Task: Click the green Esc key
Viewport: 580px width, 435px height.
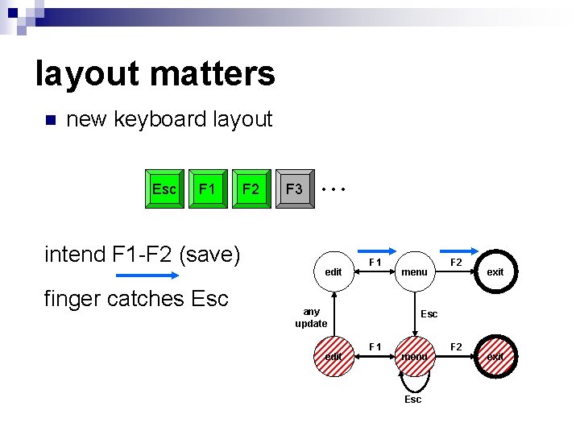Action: click(164, 189)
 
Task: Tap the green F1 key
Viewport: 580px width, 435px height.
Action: click(208, 189)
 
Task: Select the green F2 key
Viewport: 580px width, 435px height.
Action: click(251, 189)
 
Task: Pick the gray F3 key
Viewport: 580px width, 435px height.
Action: click(295, 189)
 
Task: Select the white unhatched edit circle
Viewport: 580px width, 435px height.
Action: click(333, 272)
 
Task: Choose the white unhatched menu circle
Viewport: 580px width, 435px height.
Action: click(415, 272)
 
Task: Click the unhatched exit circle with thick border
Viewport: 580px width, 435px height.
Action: click(495, 272)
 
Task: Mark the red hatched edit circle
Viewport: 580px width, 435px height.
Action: click(333, 356)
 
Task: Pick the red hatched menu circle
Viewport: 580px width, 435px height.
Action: click(415, 356)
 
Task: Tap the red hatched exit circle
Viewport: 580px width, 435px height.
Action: click(495, 356)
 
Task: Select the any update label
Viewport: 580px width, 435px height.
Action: click(311, 317)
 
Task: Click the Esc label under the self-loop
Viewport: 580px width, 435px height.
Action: click(412, 400)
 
